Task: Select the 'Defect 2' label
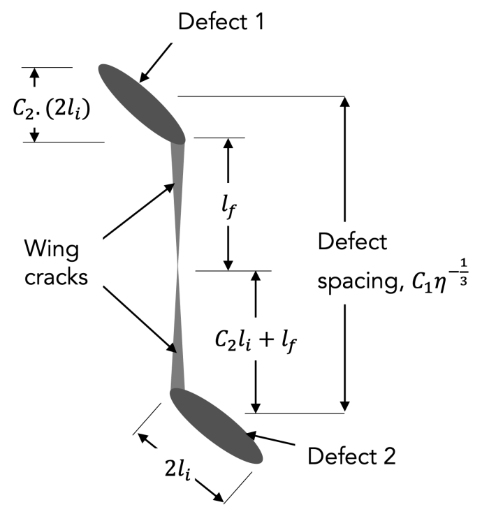tap(351, 457)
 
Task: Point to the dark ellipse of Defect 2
tap(216, 425)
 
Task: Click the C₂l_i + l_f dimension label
tap(255, 339)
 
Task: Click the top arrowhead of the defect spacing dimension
tap(344, 101)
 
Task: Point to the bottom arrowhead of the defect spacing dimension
tap(344, 406)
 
